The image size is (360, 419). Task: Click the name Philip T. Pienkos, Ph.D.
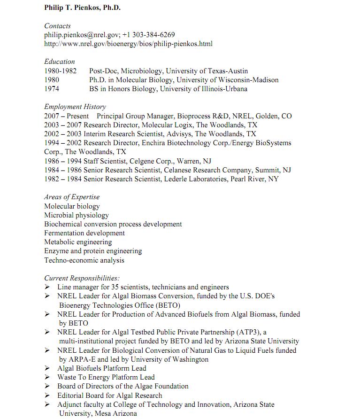pyautogui.click(x=82, y=8)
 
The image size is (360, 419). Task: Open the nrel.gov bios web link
pyautogui.click(x=128, y=44)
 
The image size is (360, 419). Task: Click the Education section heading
pyautogui.click(x=60, y=62)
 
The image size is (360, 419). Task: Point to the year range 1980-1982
pyautogui.click(x=60, y=71)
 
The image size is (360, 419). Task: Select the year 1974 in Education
pyautogui.click(x=52, y=89)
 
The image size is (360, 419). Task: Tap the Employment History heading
pyautogui.click(x=75, y=107)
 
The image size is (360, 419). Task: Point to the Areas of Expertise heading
pyautogui.click(x=72, y=197)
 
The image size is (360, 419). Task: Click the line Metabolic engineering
pyautogui.click(x=78, y=242)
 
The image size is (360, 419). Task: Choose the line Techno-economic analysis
pyautogui.click(x=84, y=260)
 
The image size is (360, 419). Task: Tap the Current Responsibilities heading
pyautogui.click(x=82, y=278)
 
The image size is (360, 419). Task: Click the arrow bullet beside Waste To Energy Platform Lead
pyautogui.click(x=47, y=377)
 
